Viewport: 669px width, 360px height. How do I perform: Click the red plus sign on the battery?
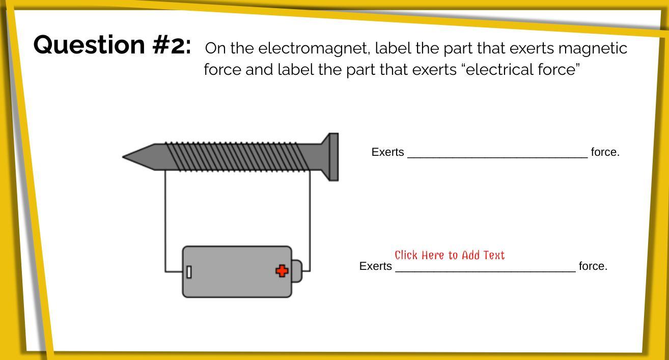(282, 271)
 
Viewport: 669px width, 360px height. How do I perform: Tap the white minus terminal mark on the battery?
(189, 272)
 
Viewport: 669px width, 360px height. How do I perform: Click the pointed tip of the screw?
(123, 157)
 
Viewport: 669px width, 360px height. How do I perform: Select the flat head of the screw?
(333, 157)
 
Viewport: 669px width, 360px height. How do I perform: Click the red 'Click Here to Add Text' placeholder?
(450, 255)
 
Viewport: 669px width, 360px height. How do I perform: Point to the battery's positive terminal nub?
(297, 271)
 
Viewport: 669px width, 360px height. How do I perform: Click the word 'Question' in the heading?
(89, 45)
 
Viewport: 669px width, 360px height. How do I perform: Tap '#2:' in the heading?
(172, 45)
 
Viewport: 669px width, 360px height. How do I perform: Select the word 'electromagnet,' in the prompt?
(314, 48)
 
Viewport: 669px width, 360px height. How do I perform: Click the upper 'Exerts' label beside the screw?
(387, 152)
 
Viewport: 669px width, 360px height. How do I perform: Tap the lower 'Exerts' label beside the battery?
(375, 266)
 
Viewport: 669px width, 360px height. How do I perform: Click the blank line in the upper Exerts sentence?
(497, 157)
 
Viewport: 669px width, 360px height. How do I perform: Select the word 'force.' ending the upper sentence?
(605, 152)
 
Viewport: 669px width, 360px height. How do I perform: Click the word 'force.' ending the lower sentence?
(593, 266)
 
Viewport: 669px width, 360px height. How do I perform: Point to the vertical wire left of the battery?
(165, 221)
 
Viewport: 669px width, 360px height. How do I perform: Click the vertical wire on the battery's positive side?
(310, 221)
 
